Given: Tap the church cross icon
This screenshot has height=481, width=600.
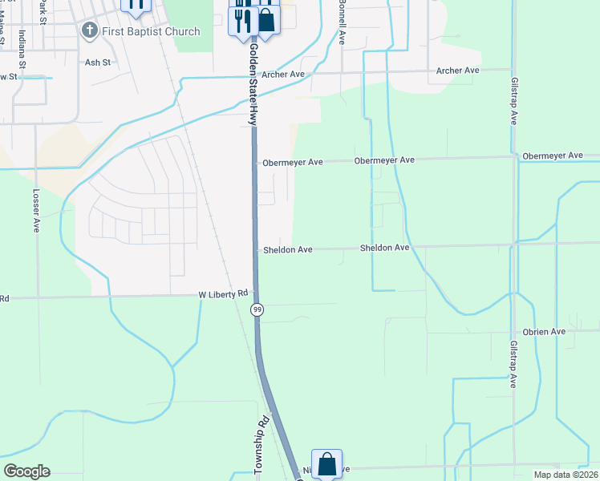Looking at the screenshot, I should [88, 31].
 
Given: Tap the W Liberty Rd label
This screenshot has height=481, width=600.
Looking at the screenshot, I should [224, 295].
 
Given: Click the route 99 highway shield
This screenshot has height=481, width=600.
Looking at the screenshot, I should [257, 309].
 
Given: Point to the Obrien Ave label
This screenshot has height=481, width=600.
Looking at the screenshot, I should [545, 331].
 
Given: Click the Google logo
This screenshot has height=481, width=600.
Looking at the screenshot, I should [26, 471].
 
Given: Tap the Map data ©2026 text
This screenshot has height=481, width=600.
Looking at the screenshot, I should [566, 475].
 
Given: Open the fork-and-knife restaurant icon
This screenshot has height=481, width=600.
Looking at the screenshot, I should [243, 19].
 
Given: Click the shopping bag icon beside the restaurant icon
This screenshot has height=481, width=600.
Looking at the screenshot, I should [267, 19].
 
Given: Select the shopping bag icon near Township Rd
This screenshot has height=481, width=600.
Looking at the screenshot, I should [326, 463].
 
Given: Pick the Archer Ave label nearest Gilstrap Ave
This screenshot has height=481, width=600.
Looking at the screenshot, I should [457, 71].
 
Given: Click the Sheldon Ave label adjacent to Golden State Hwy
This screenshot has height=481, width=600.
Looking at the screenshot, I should [288, 250].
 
